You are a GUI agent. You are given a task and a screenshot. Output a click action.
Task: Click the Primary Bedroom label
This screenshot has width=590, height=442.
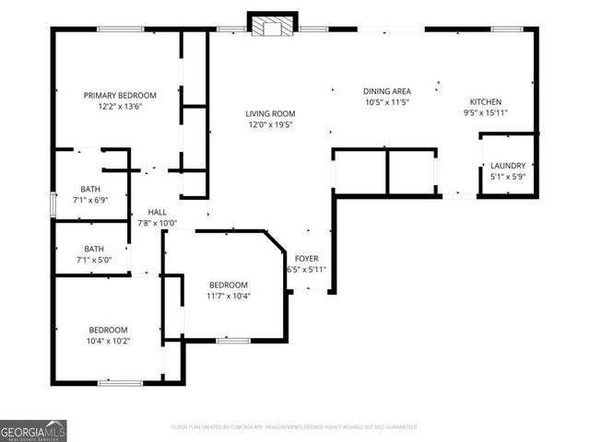pos(120,95)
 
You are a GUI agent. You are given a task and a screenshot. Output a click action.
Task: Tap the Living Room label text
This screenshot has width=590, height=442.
pos(268,114)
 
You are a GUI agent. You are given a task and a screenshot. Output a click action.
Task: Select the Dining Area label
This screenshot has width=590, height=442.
pos(386,91)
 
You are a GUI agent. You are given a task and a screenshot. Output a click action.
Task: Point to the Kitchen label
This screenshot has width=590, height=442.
pos(485,102)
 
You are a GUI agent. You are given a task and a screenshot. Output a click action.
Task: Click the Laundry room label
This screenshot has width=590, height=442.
pos(507,166)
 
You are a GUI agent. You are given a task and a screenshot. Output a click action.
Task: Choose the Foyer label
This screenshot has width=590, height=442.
pos(306,259)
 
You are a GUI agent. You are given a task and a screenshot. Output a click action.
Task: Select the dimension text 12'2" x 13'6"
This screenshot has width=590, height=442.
pos(120,106)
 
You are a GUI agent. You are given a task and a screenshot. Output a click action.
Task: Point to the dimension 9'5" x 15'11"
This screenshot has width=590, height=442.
pos(485,113)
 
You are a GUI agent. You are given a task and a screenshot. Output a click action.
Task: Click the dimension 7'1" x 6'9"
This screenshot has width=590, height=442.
pos(90,200)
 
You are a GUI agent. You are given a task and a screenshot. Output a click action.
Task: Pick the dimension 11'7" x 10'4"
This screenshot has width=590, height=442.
pos(228,297)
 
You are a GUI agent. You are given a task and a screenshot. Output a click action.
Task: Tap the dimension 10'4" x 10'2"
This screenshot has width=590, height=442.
pos(108,342)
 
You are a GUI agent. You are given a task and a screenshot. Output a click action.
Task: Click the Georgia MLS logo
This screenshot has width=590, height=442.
pos(33,430)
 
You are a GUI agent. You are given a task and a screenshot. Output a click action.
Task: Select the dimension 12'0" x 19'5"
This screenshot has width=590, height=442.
pos(268,125)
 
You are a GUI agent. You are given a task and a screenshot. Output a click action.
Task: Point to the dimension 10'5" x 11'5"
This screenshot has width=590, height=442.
pos(386,102)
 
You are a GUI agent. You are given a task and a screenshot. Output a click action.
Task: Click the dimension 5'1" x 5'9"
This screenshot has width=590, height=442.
pos(507,177)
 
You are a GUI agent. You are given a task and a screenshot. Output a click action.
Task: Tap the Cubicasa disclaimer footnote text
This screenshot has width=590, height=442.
pos(295,426)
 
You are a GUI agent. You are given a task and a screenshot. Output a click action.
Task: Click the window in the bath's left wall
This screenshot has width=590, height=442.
pos(53,204)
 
